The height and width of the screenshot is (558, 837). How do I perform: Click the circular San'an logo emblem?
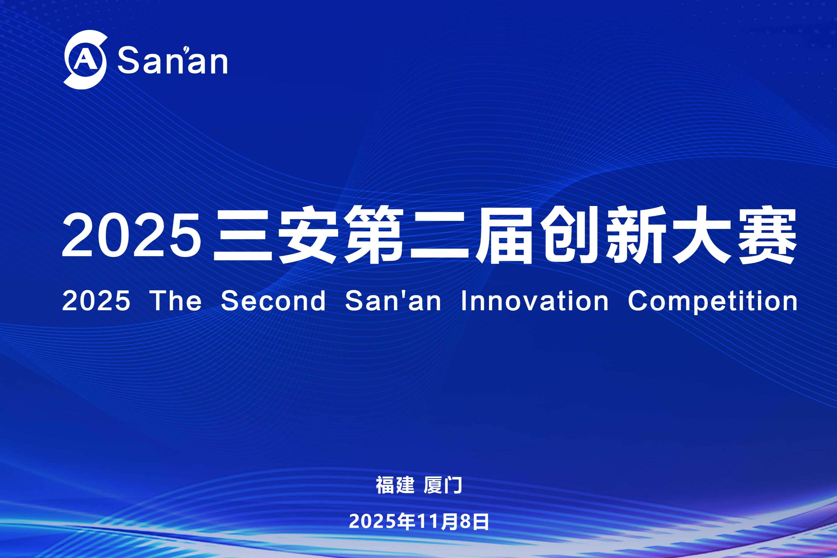85,60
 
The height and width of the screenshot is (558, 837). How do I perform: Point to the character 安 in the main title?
308,236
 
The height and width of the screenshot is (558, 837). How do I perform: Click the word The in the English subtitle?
176,301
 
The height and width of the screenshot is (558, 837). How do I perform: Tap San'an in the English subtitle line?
393,301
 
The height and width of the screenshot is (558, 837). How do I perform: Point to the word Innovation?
535,301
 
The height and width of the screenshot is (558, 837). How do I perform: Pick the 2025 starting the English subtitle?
96,301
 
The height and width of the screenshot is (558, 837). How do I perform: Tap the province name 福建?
395,485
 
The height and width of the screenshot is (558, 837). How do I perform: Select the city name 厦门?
443,485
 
